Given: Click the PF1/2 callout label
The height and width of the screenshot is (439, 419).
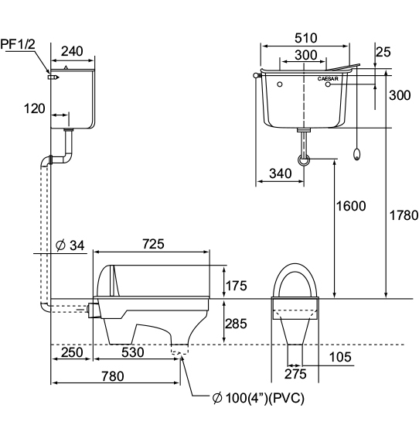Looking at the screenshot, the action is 18,44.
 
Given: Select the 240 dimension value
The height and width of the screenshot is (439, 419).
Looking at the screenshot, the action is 72,51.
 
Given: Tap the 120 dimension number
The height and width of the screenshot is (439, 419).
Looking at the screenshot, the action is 34,108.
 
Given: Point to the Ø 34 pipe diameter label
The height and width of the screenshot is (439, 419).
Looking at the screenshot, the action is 70,245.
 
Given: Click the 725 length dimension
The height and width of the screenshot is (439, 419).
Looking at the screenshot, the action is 153,244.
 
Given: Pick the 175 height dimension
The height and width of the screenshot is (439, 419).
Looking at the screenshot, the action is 237,286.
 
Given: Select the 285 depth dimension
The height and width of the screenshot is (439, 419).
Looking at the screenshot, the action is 237,324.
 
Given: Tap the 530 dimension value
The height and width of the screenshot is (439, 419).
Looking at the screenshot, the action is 133,352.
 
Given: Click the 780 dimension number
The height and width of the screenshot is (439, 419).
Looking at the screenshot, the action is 113,376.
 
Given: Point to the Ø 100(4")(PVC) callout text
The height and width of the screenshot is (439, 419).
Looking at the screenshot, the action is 258,398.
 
